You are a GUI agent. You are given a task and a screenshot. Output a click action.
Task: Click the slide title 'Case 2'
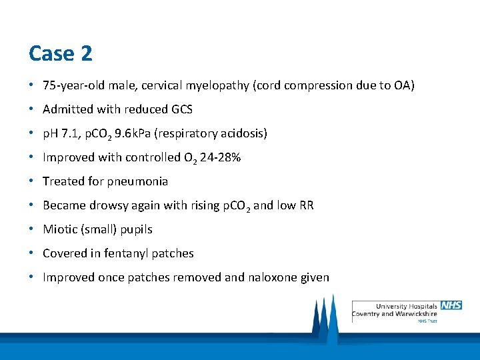coord(61,53)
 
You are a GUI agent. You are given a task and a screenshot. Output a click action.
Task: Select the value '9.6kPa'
coord(133,133)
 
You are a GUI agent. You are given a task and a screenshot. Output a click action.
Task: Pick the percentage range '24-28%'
coord(220,157)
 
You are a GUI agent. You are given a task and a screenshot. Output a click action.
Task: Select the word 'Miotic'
coord(59,229)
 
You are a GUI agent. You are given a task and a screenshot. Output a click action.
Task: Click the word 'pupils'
coord(136,229)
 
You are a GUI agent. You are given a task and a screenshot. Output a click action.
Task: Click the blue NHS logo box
coord(451,305)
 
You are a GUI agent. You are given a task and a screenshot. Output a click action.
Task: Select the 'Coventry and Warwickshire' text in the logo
coord(394,313)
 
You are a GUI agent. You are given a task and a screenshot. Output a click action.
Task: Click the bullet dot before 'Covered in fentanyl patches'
coord(31,253)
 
